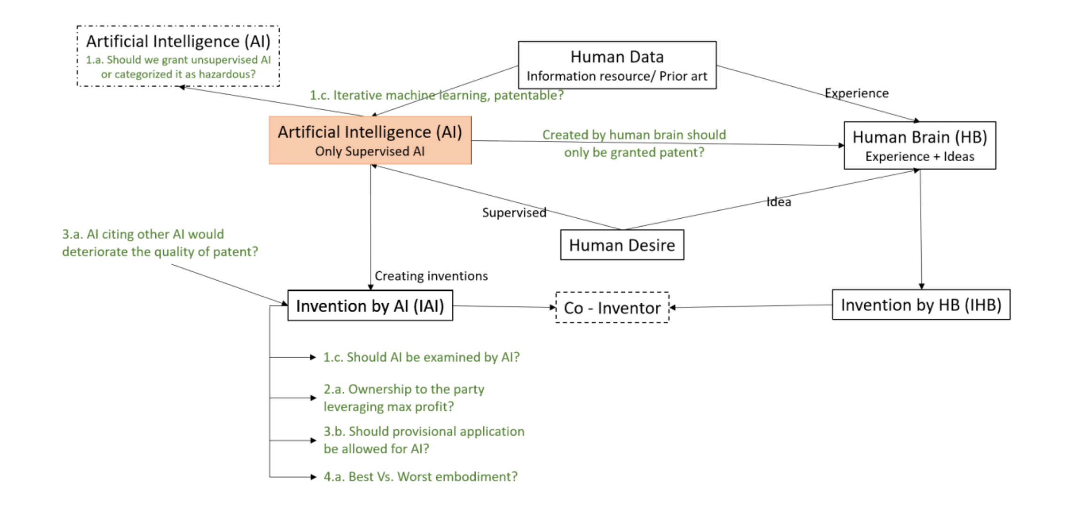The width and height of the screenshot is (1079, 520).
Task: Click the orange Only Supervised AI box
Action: [370, 140]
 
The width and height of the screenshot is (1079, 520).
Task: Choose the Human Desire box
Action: [622, 245]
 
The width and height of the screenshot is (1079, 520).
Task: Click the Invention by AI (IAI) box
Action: [370, 306]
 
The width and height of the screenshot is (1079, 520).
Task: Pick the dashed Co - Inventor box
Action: [612, 308]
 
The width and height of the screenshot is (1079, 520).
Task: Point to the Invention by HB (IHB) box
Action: [920, 305]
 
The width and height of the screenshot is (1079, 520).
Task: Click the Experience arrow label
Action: [856, 93]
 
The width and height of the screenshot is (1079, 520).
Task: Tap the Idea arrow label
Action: [778, 202]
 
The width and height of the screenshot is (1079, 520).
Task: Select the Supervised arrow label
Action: [514, 213]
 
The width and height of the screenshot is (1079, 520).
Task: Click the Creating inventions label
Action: [431, 276]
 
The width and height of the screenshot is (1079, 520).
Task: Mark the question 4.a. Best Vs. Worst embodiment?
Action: [420, 477]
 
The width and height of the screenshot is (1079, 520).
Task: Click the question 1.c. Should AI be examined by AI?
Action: [421, 357]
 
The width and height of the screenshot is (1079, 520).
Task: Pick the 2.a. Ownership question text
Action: [403, 398]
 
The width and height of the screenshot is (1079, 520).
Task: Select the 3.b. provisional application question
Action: [424, 440]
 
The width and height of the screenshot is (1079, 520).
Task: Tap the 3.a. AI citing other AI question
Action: [160, 243]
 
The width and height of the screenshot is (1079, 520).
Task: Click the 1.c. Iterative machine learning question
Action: [436, 95]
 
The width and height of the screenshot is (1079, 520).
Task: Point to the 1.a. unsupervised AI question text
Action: [178, 67]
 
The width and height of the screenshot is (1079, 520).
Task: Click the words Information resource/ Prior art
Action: [616, 76]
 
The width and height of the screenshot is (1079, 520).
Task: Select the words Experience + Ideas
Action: [919, 157]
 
